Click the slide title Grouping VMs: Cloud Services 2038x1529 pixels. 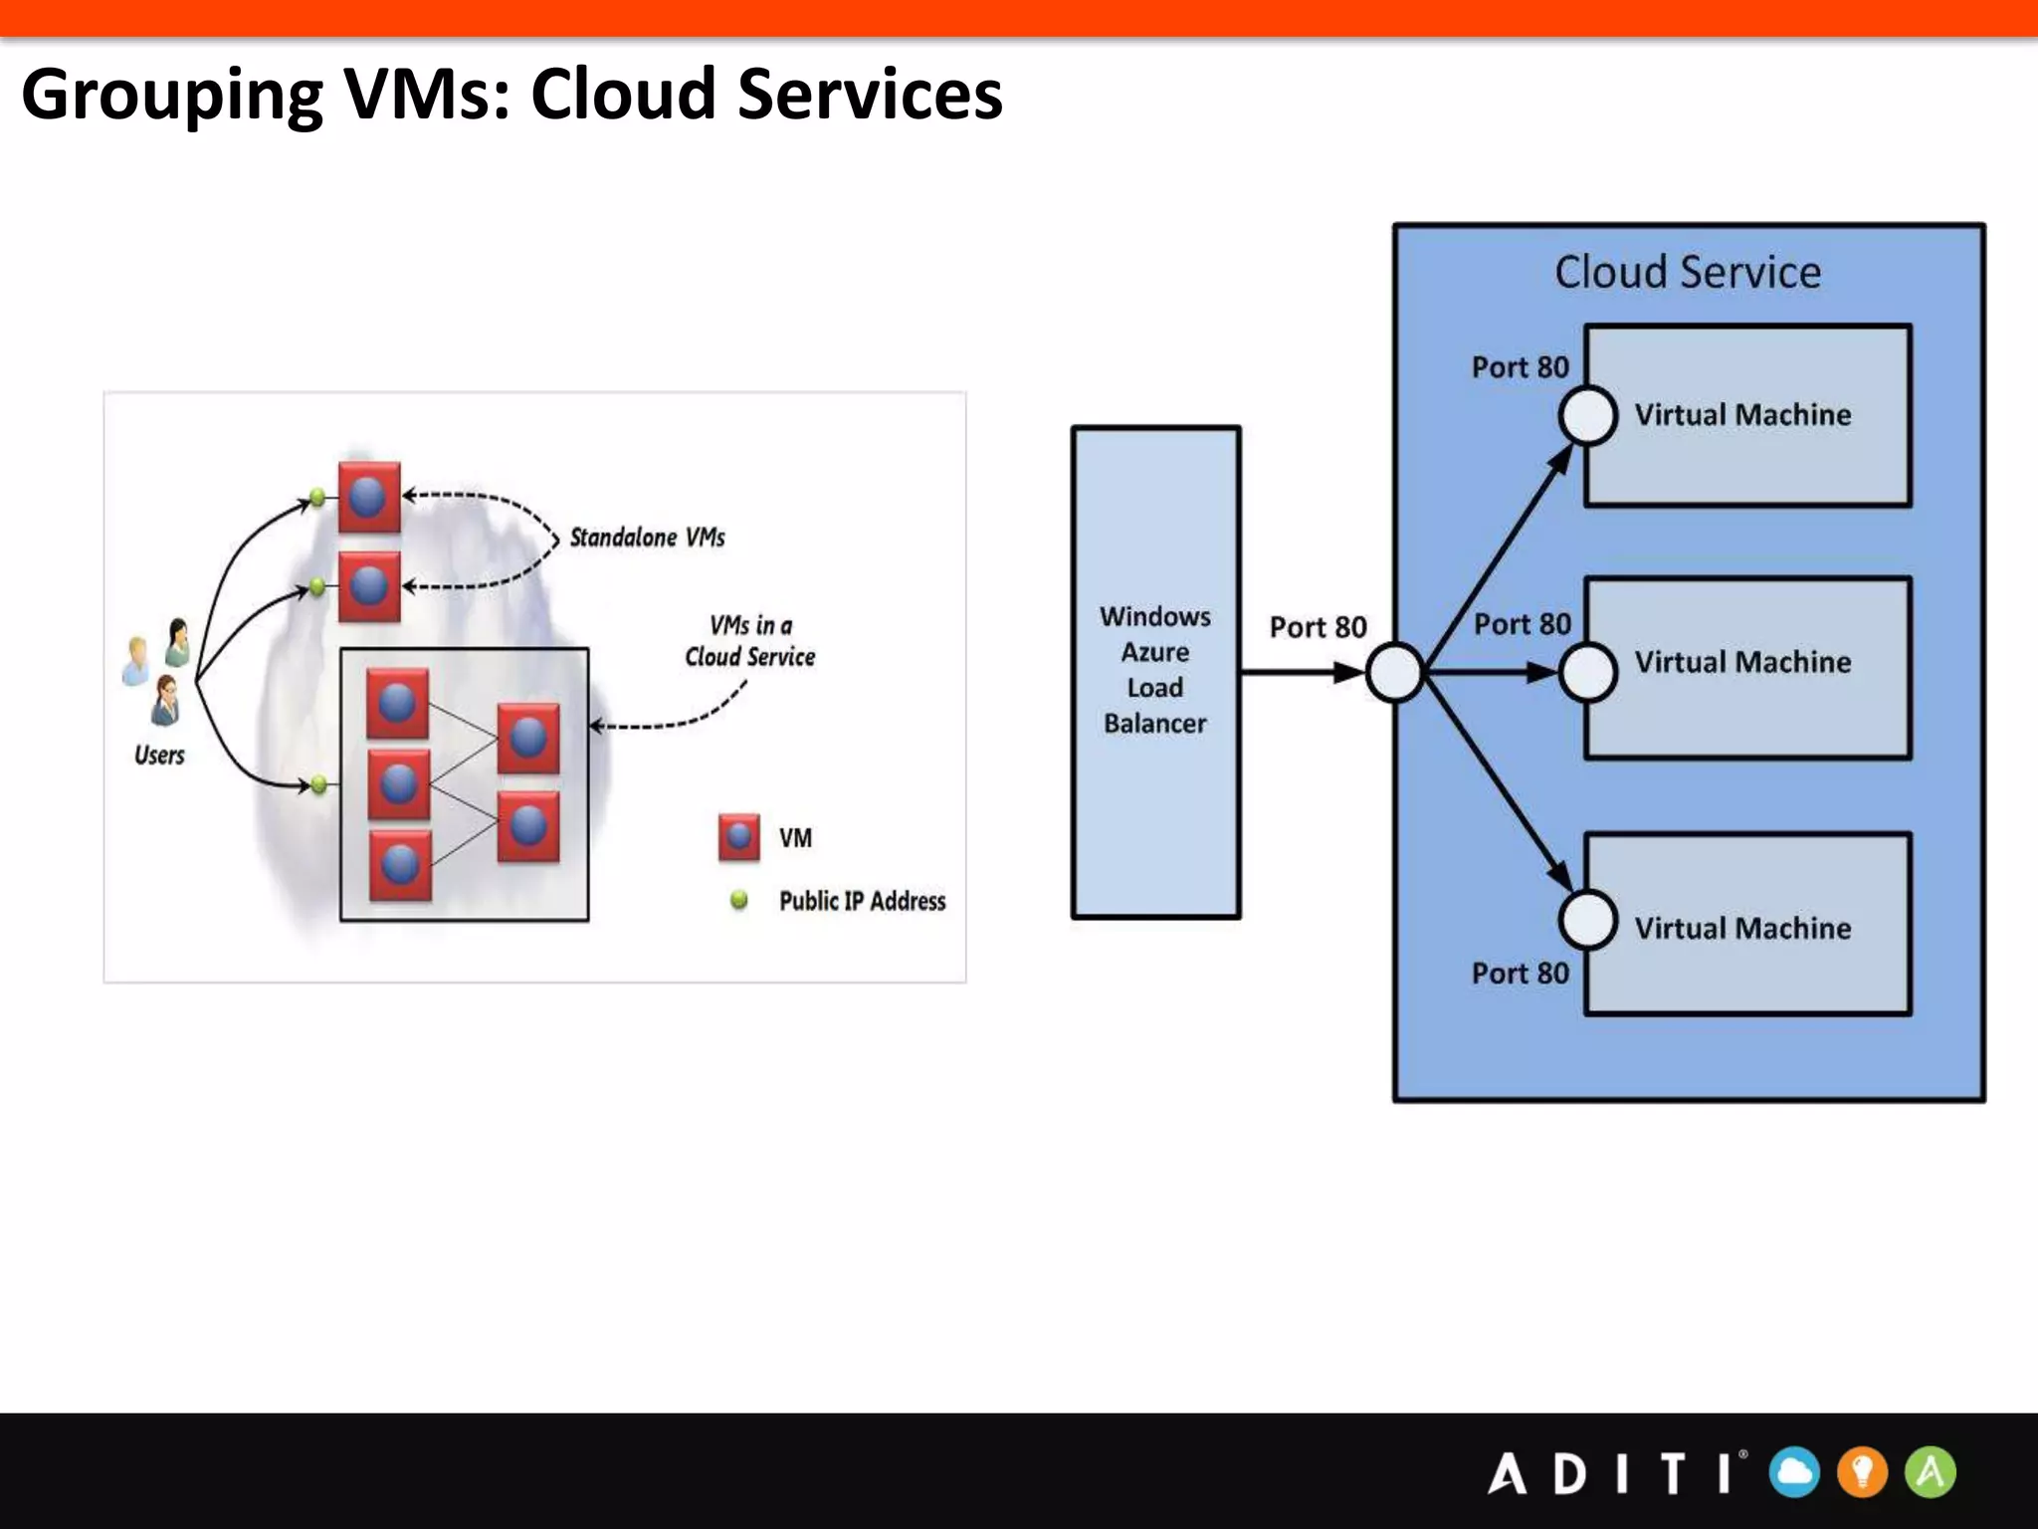point(511,95)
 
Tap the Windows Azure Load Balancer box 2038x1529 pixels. point(1155,672)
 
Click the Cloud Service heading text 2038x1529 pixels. point(1688,272)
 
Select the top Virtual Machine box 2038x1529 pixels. point(1747,415)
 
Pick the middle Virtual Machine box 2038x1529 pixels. point(1747,667)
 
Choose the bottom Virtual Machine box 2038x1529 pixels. point(1747,924)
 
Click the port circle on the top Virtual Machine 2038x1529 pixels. point(1587,415)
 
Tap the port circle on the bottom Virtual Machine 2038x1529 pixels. point(1587,920)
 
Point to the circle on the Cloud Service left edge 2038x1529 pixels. point(1395,673)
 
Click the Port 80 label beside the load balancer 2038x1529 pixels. point(1318,627)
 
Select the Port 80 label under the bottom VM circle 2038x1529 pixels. point(1520,973)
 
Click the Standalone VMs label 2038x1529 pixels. point(647,538)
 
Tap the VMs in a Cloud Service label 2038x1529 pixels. point(749,641)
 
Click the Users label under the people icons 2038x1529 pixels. point(159,756)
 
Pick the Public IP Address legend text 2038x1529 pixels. point(862,901)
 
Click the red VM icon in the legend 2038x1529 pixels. point(738,837)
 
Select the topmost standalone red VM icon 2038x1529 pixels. point(369,497)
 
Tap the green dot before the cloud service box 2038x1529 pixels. point(318,785)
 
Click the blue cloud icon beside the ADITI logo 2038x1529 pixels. point(1794,1472)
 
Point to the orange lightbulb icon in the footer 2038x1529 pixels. point(1862,1472)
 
